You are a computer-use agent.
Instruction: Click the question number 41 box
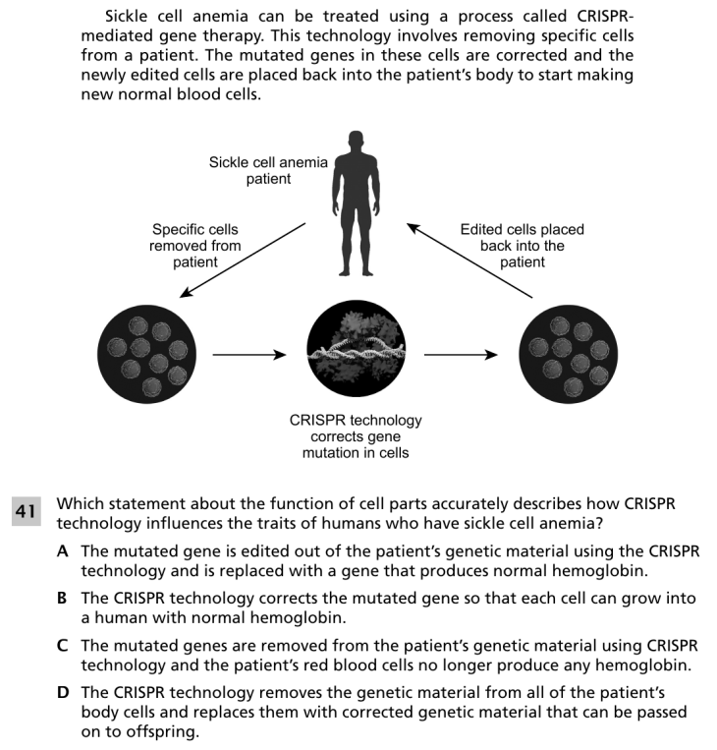click(x=27, y=511)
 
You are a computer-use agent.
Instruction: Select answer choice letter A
click(x=62, y=551)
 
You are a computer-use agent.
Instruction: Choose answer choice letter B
click(x=62, y=599)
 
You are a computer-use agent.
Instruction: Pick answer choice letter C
click(x=62, y=646)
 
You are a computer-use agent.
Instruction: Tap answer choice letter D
click(x=63, y=693)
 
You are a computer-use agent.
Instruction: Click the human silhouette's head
click(x=357, y=141)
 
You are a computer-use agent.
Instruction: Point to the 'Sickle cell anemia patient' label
click(x=268, y=170)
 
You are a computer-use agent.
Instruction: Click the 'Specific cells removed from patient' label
click(x=195, y=246)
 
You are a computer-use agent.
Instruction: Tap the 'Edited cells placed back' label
click(x=522, y=246)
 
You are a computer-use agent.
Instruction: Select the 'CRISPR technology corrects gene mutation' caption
click(x=356, y=436)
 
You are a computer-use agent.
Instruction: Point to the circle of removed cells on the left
click(x=146, y=355)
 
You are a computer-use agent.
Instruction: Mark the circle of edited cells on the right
click(x=569, y=355)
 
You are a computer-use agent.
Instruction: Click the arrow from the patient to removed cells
click(x=243, y=260)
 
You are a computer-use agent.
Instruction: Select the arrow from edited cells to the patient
click(x=469, y=260)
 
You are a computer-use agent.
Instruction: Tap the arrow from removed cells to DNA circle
click(x=249, y=355)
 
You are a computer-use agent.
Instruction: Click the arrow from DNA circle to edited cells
click(x=461, y=355)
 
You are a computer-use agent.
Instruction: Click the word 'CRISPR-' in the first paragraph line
click(x=605, y=17)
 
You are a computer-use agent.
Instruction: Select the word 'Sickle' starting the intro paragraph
click(x=127, y=17)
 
